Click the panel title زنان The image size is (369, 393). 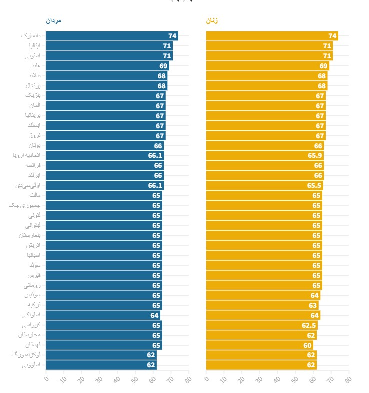212,21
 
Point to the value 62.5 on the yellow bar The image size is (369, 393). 309,325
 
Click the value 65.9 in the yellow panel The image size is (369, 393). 315,155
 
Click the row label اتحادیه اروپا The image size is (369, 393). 26,155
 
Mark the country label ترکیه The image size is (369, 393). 34,305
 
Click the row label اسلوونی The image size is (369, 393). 31,365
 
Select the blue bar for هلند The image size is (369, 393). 107,66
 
